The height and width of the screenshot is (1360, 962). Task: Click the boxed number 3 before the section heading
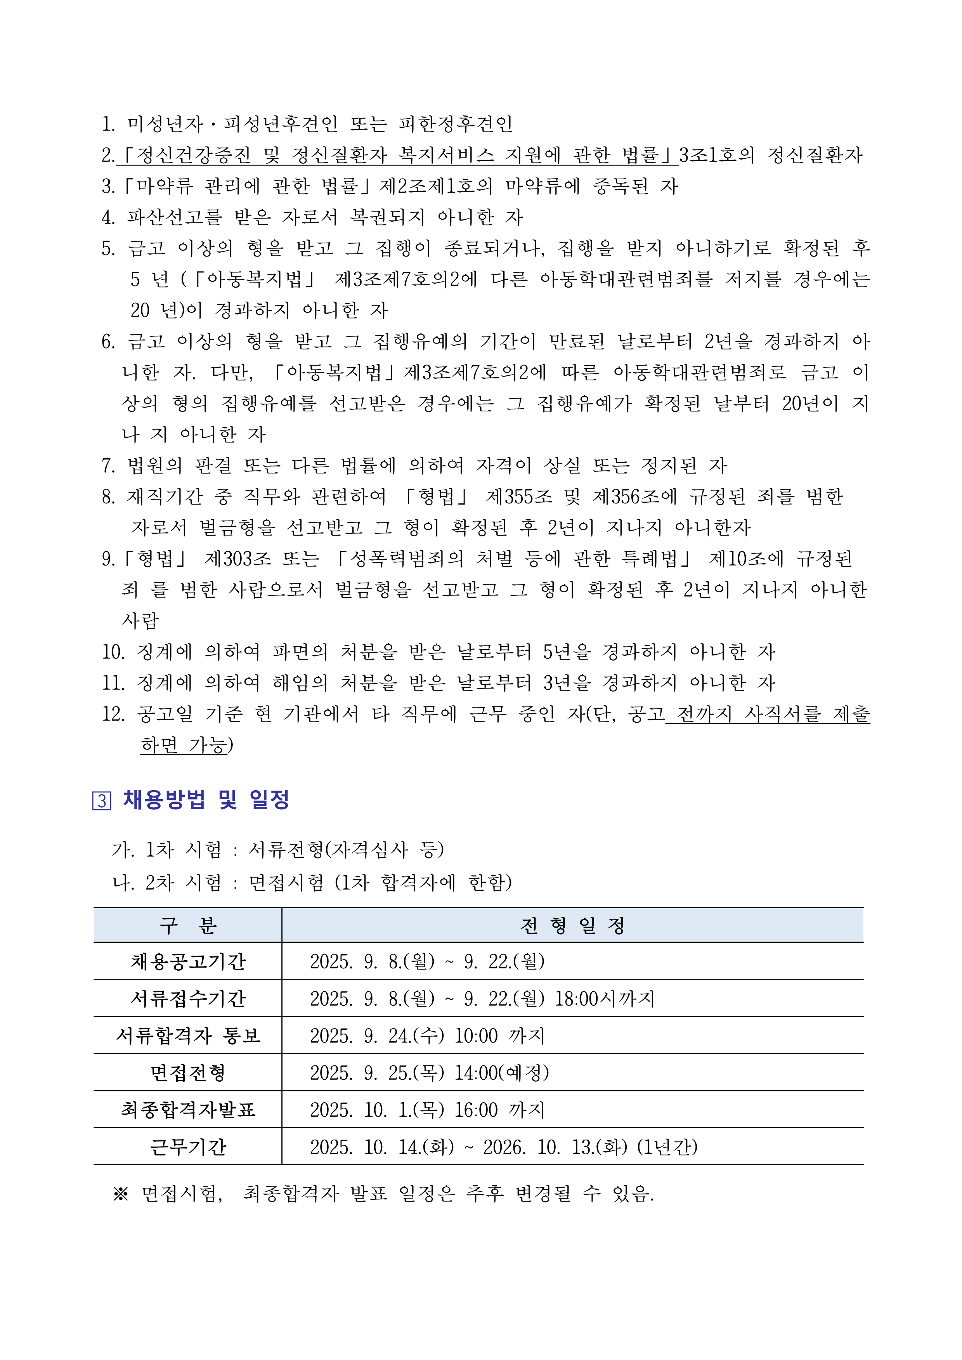(102, 801)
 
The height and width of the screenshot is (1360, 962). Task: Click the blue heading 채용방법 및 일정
(206, 800)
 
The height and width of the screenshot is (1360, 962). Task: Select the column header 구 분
(188, 925)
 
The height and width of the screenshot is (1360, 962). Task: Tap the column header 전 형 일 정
(572, 925)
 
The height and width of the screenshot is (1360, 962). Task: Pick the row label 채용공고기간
(188, 961)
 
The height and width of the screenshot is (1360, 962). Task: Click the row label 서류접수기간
(188, 999)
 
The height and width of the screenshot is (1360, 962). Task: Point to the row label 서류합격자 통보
(188, 1036)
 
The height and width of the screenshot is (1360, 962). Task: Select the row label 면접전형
(188, 1073)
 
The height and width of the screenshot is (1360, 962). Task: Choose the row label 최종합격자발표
(188, 1109)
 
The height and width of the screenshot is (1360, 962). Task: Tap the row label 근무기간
(188, 1147)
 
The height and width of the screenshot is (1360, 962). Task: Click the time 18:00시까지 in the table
(604, 999)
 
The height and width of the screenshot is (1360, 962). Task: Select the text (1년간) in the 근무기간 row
(667, 1147)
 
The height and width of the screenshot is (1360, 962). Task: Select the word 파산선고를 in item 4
(175, 217)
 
